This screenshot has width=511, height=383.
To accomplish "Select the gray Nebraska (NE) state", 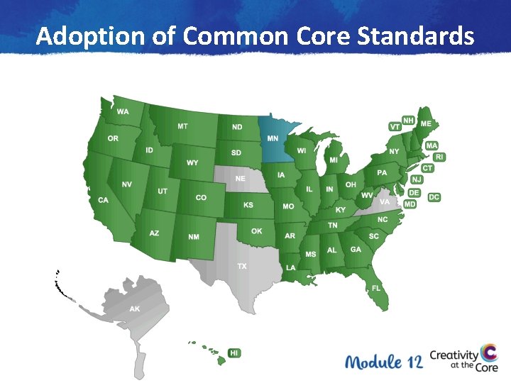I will click(x=241, y=179).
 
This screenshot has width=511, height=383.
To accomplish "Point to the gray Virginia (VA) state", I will click(x=383, y=201).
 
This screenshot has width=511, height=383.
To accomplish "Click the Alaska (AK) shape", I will click(x=135, y=309).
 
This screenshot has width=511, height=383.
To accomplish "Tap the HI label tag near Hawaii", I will click(x=234, y=353).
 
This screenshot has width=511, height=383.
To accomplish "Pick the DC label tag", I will click(x=434, y=196).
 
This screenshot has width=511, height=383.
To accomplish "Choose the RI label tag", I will click(x=440, y=157).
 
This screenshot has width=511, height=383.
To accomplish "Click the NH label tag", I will click(x=409, y=121).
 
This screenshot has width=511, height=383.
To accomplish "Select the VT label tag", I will click(x=395, y=126).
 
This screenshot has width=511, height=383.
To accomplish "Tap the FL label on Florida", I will click(x=376, y=288).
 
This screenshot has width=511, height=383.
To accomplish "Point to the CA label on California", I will click(x=104, y=200).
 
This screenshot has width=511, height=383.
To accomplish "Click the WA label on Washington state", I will click(x=123, y=112).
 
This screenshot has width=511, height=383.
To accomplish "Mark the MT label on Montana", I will click(x=183, y=126).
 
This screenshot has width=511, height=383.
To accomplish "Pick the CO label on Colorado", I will click(x=201, y=198).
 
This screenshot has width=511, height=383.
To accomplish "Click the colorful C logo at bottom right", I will click(x=488, y=353).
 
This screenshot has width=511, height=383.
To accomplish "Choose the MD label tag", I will click(x=410, y=204).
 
